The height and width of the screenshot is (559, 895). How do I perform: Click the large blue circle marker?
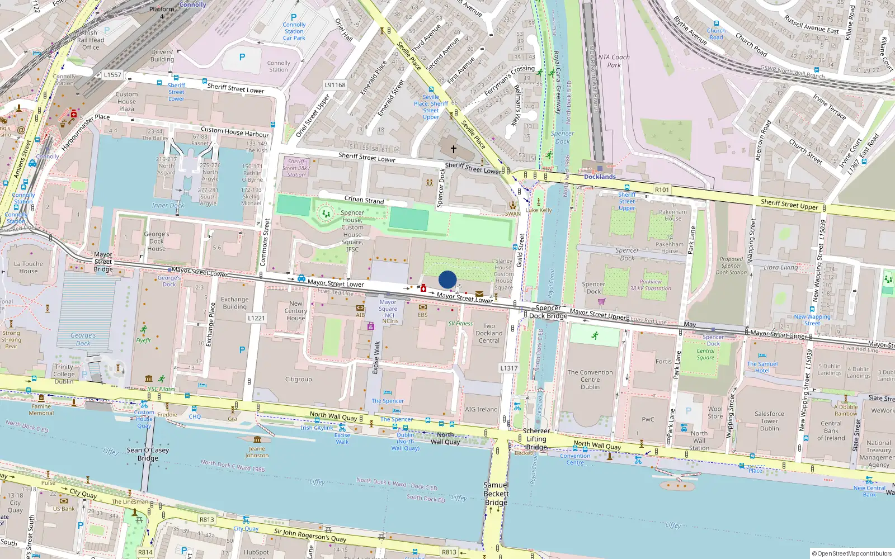(447, 279)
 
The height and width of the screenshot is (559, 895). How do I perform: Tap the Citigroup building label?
(298, 380)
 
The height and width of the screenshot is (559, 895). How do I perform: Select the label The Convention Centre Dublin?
(590, 380)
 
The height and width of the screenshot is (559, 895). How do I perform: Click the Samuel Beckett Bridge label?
(496, 494)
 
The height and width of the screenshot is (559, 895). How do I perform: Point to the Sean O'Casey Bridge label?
(148, 454)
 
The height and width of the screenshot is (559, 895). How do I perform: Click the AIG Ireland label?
(481, 409)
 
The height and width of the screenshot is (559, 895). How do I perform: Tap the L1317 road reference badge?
(508, 368)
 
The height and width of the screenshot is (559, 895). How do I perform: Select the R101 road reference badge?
(662, 190)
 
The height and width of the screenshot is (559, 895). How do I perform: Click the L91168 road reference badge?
(335, 85)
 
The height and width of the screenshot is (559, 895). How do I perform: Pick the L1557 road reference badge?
(112, 74)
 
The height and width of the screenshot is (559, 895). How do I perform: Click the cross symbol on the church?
(454, 149)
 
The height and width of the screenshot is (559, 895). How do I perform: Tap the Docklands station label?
(600, 177)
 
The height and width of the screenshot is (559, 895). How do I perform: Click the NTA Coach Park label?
(614, 61)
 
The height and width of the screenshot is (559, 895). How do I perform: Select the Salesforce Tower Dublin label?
(769, 421)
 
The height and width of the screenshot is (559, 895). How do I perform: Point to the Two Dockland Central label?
(489, 333)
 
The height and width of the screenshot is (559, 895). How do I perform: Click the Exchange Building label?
(234, 303)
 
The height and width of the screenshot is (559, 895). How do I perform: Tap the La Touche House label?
(28, 267)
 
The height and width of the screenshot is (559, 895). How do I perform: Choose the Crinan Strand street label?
(364, 200)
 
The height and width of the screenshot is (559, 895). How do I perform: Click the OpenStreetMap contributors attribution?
(852, 553)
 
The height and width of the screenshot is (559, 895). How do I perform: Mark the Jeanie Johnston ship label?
(257, 452)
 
